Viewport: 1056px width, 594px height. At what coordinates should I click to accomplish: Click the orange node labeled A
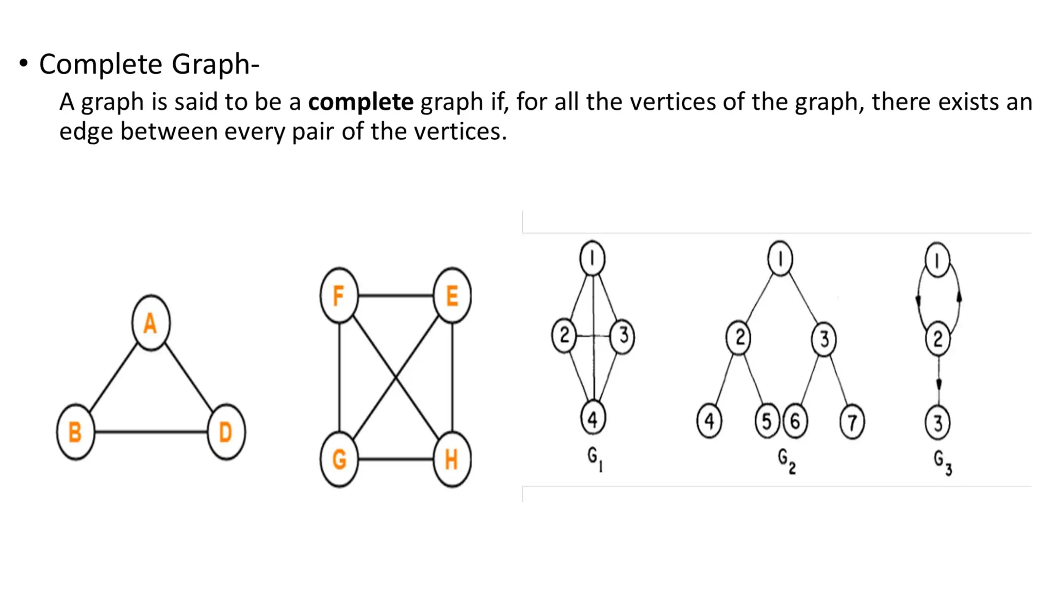151,323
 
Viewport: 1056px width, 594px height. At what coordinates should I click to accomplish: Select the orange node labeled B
75,432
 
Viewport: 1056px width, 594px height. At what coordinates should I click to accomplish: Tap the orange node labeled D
226,432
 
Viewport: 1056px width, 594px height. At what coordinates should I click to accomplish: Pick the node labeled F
339,295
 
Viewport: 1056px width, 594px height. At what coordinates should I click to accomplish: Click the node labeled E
452,295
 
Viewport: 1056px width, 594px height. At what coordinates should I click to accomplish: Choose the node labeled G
339,459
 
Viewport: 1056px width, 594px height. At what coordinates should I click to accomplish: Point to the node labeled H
452,459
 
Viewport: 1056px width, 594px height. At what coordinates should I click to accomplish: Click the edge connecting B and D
151,432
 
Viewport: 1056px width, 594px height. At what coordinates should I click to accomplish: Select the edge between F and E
395,295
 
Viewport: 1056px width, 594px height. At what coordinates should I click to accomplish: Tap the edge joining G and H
395,459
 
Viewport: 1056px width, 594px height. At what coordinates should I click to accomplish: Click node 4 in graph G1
593,419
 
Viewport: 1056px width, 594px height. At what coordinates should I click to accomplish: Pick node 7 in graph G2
852,422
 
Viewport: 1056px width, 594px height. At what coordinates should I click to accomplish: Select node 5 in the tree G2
767,421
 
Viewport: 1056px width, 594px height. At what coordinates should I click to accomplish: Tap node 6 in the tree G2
795,421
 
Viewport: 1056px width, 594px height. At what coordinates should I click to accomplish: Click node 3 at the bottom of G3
937,423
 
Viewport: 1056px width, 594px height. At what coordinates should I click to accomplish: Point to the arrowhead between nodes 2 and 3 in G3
938,384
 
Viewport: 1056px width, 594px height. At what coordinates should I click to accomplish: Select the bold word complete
360,102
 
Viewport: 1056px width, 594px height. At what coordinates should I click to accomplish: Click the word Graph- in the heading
215,64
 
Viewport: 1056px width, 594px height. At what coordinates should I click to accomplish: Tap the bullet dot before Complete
23,64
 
